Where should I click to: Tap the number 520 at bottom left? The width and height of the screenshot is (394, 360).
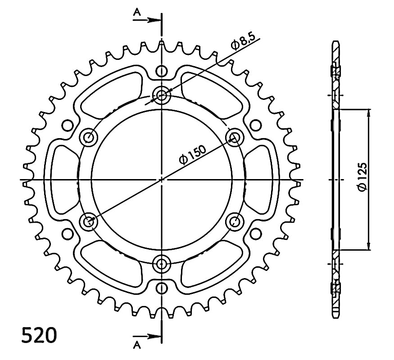[39, 335]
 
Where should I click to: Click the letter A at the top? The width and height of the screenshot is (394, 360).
[137, 12]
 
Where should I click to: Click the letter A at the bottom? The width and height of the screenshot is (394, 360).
[137, 346]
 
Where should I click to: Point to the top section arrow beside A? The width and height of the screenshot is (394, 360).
[146, 20]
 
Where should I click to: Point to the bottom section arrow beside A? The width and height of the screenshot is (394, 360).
[146, 336]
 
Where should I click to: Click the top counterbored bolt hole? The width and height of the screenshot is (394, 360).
[162, 95]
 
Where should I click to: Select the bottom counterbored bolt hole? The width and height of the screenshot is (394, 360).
[162, 264]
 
